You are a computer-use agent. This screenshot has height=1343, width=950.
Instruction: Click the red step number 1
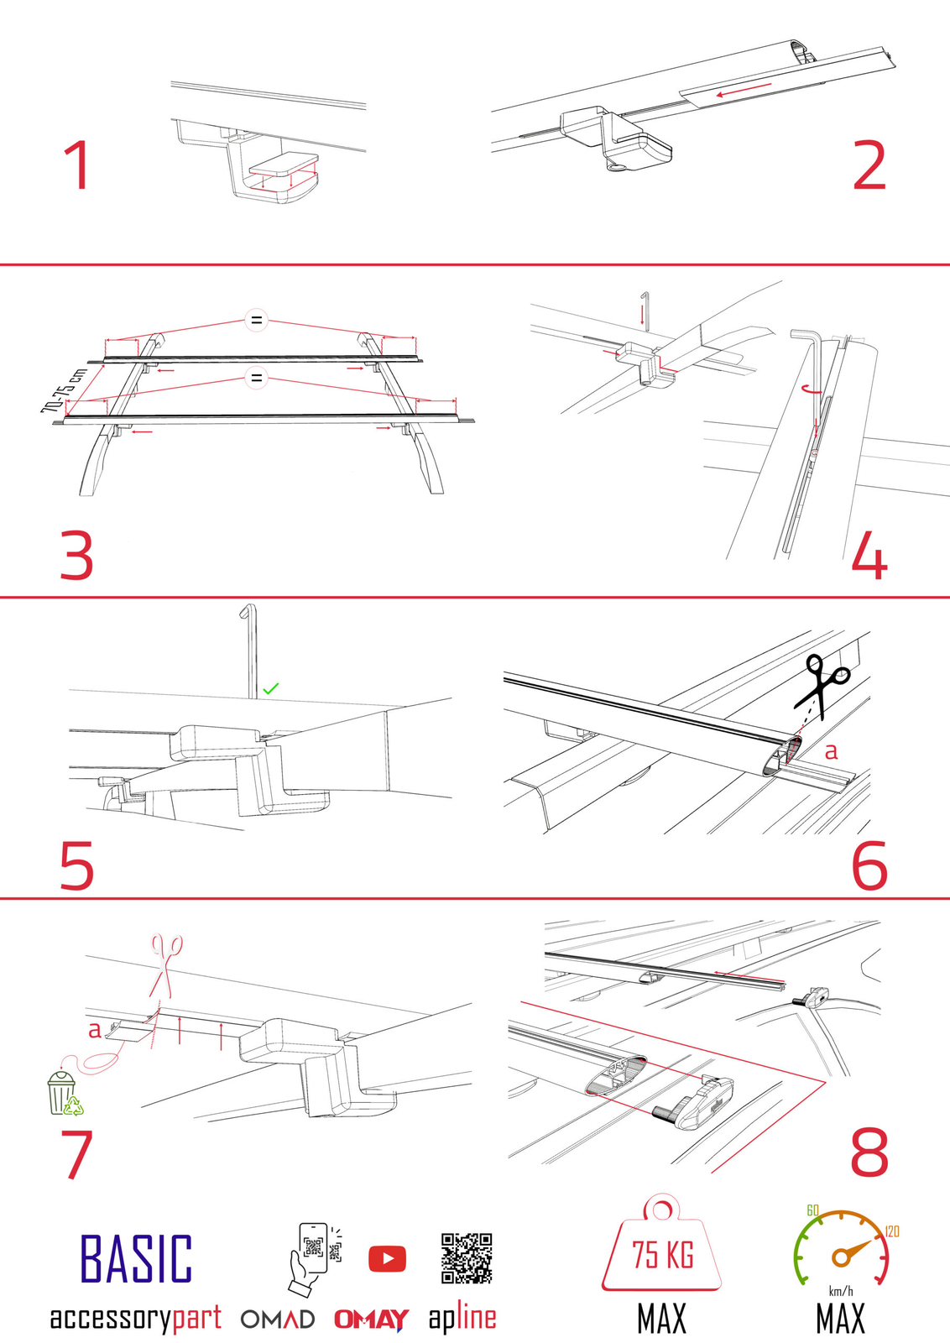click(x=77, y=165)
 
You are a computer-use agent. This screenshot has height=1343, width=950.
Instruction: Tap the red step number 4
click(x=869, y=556)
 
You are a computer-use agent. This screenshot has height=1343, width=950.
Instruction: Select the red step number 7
click(x=77, y=1154)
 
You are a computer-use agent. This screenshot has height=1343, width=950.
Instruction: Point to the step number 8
click(x=869, y=1152)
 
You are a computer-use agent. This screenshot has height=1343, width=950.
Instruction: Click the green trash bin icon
click(x=64, y=1093)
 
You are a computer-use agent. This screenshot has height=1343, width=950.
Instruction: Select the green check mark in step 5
click(x=270, y=688)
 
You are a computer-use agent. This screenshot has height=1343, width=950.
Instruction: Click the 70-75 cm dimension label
click(x=63, y=390)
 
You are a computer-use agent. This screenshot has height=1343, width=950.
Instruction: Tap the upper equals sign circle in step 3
click(x=256, y=320)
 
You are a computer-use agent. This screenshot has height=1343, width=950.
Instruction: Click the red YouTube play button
click(x=387, y=1258)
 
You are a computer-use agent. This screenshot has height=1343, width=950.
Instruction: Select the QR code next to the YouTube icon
click(x=467, y=1257)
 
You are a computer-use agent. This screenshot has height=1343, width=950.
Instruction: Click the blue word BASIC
click(x=136, y=1258)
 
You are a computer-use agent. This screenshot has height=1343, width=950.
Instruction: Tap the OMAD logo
click(x=278, y=1319)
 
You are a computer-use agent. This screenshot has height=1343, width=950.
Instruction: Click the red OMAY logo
click(x=371, y=1319)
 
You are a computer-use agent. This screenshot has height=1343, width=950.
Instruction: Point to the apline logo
click(x=462, y=1318)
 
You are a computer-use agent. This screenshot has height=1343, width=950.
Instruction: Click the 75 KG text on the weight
click(x=662, y=1255)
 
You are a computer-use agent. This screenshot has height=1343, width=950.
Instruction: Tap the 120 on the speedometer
click(x=891, y=1231)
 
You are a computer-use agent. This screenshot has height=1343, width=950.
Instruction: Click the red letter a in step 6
click(x=831, y=751)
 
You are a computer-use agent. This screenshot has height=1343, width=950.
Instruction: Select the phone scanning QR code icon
click(x=312, y=1257)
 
